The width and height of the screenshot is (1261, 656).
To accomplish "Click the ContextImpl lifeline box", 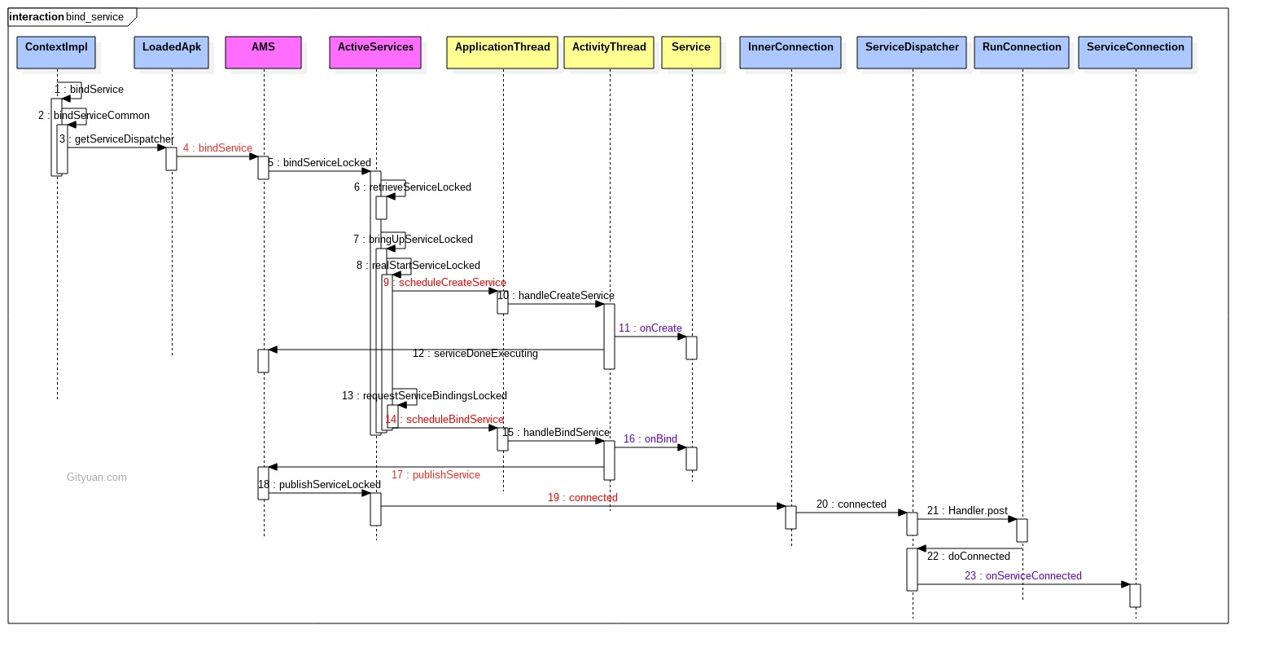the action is point(56,52).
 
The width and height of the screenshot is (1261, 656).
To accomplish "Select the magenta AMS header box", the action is point(264,52).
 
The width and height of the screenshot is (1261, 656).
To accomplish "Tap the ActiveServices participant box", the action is point(375,52).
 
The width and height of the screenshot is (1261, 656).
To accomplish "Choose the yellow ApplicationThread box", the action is point(502,52).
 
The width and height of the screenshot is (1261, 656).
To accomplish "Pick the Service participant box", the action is point(691,52).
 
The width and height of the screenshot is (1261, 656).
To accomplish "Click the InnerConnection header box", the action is point(790,52).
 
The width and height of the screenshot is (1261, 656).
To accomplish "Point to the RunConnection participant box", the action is point(1022,52).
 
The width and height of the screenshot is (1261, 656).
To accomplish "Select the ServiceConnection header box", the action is point(1136,52).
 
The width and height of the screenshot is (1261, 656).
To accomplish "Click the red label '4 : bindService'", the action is point(217,147).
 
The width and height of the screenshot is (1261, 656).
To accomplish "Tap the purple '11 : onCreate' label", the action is point(650,328).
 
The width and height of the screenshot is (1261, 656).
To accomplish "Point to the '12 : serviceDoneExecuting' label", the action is point(475,354).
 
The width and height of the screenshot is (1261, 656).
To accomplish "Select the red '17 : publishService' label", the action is point(436,474).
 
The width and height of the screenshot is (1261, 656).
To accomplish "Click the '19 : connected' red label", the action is point(583,498).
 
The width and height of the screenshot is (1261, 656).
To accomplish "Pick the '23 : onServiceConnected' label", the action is point(1022,575).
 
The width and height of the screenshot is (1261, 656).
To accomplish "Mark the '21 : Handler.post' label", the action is point(967,511).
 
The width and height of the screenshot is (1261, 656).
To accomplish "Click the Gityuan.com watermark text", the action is point(97,478).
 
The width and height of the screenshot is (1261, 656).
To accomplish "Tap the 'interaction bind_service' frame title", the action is point(67,17).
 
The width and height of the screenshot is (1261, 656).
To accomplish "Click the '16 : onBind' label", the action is point(650,439).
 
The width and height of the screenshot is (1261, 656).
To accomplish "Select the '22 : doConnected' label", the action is point(968,557).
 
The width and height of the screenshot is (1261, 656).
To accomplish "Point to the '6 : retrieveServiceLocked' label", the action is point(413,187).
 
